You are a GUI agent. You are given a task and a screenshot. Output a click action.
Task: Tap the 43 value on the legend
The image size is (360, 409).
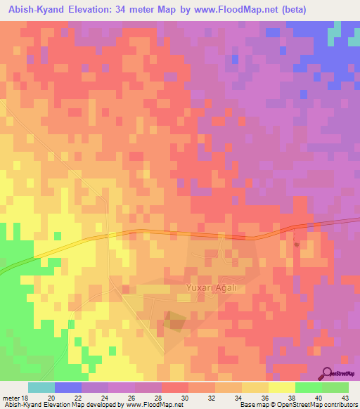click(345, 398)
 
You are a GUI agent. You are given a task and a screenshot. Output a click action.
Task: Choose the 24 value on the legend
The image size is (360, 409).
click(103, 398)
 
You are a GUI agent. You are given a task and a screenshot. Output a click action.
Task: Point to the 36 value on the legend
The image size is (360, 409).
click(264, 398)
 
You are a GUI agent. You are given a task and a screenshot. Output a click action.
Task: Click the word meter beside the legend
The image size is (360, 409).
click(11, 398)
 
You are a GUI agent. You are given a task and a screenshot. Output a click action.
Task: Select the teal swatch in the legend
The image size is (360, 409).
click(41, 387)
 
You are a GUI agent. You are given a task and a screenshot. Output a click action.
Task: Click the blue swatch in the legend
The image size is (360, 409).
click(68, 387)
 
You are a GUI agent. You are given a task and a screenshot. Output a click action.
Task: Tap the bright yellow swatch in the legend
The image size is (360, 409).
click(282, 387)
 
